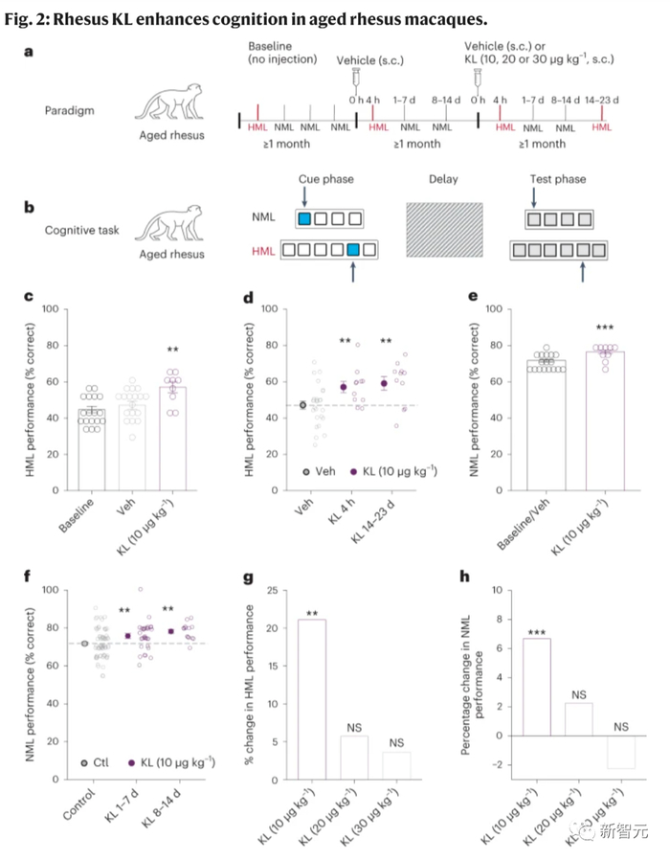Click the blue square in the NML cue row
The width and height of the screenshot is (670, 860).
point(304,219)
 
